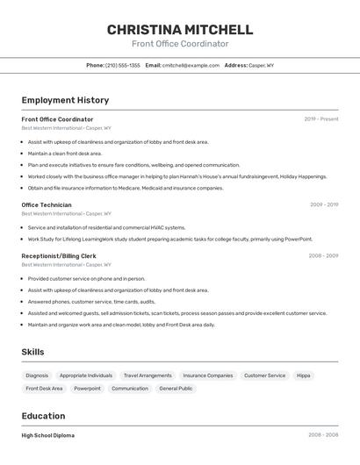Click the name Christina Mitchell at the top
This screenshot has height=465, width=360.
(180, 30)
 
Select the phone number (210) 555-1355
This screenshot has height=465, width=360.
(123, 65)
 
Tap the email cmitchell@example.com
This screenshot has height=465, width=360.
(191, 65)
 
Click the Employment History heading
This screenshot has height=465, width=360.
(65, 100)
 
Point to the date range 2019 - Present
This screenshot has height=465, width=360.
(321, 119)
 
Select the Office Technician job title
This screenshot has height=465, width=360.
(47, 204)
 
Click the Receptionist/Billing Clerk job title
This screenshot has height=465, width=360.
(59, 255)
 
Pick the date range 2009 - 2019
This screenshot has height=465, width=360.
(324, 204)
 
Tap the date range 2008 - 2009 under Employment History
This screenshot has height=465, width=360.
(323, 255)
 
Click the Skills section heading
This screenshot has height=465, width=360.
(33, 352)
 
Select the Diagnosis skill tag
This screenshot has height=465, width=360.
(38, 376)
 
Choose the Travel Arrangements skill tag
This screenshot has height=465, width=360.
(148, 376)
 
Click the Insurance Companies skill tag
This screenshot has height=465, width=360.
(208, 376)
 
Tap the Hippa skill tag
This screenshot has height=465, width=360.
(304, 376)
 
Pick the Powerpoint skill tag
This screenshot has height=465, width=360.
(87, 389)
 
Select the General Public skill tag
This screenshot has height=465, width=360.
(176, 389)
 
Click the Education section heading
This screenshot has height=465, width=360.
(43, 416)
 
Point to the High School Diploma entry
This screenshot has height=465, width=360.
(48, 435)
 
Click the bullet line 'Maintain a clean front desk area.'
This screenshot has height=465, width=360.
(65, 154)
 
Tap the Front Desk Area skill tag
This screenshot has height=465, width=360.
(44, 389)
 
